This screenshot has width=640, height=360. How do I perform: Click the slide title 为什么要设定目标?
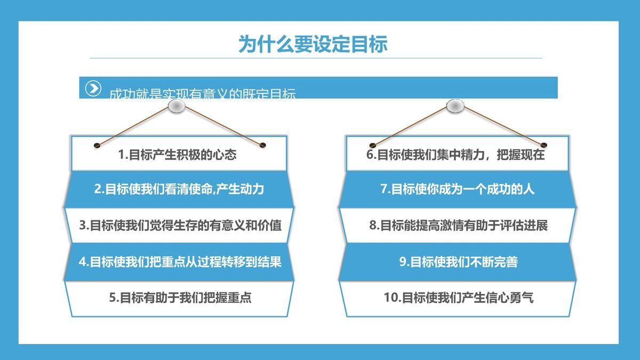(x=313, y=44)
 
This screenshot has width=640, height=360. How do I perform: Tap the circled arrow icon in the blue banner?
(x=93, y=88)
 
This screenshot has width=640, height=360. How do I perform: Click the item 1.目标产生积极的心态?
(x=177, y=155)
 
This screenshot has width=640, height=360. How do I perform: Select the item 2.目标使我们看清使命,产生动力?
(x=179, y=189)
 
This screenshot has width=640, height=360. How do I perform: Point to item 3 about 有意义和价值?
(x=180, y=225)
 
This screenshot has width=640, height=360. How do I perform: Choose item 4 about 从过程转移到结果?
(x=180, y=262)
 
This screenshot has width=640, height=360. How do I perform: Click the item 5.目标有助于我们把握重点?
(x=180, y=298)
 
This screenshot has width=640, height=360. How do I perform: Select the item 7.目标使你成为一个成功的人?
(x=457, y=189)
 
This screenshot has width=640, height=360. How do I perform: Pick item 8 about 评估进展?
(x=458, y=225)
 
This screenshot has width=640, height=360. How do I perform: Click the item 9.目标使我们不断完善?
(x=458, y=262)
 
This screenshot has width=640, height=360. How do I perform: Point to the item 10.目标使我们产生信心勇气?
(x=458, y=298)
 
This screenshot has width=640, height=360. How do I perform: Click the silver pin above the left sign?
(x=177, y=107)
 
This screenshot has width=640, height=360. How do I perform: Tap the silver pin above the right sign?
(x=454, y=107)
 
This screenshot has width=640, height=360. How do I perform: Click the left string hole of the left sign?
(x=97, y=145)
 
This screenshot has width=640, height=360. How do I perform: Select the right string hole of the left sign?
(x=262, y=145)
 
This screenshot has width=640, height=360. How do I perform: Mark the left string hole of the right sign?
(x=373, y=145)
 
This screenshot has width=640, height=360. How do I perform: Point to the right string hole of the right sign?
(x=545, y=145)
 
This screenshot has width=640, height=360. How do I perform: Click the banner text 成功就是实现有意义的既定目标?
(x=202, y=93)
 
